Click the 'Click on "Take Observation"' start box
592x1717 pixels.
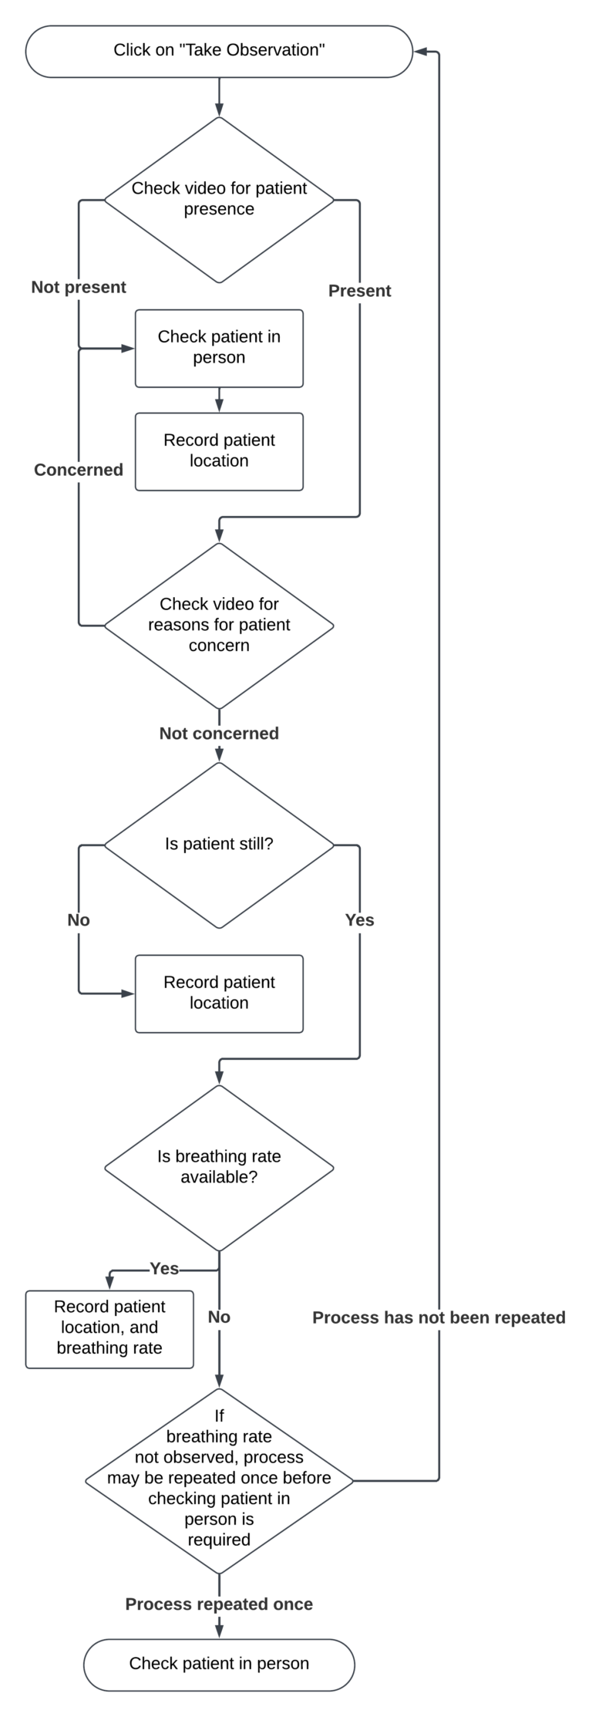[219, 51]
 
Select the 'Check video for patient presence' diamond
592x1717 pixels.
[219, 199]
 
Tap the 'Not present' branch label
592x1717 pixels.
[79, 287]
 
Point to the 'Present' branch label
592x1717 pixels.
[359, 291]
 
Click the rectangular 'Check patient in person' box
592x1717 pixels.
[219, 348]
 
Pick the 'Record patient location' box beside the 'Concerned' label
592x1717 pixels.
[219, 451]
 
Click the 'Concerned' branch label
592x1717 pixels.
[79, 470]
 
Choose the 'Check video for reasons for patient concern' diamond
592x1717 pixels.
[219, 625]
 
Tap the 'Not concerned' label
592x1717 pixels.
[219, 733]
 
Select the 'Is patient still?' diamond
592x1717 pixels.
[219, 844]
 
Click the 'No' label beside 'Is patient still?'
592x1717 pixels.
[79, 919]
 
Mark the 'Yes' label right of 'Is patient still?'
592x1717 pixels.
[359, 919]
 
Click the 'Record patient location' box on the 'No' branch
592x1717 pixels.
[219, 993]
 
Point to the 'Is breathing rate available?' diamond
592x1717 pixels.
[219, 1167]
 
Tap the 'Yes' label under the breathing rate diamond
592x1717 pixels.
[164, 1269]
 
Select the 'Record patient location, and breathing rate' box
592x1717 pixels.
[109, 1328]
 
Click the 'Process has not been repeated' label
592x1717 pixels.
[439, 1317]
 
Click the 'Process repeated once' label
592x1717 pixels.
[219, 1604]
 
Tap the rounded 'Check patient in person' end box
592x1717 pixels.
[219, 1664]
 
